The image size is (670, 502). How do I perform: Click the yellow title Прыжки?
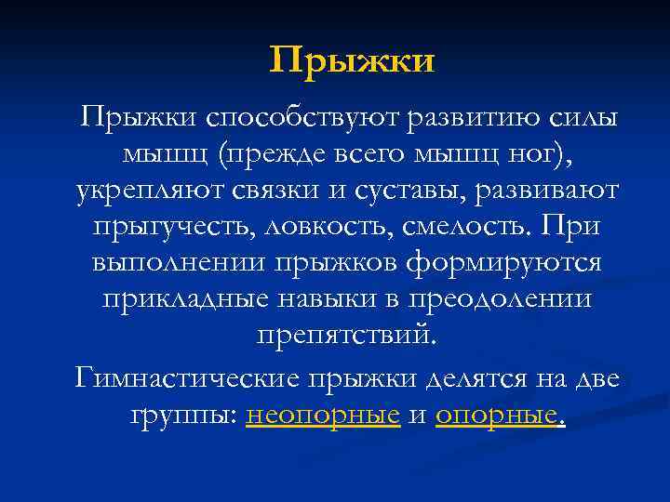pyautogui.click(x=353, y=61)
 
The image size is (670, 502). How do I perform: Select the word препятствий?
pyautogui.click(x=344, y=336)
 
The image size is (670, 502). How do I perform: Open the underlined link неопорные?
pyautogui.click(x=323, y=416)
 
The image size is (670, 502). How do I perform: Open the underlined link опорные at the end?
pyautogui.click(x=497, y=416)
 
